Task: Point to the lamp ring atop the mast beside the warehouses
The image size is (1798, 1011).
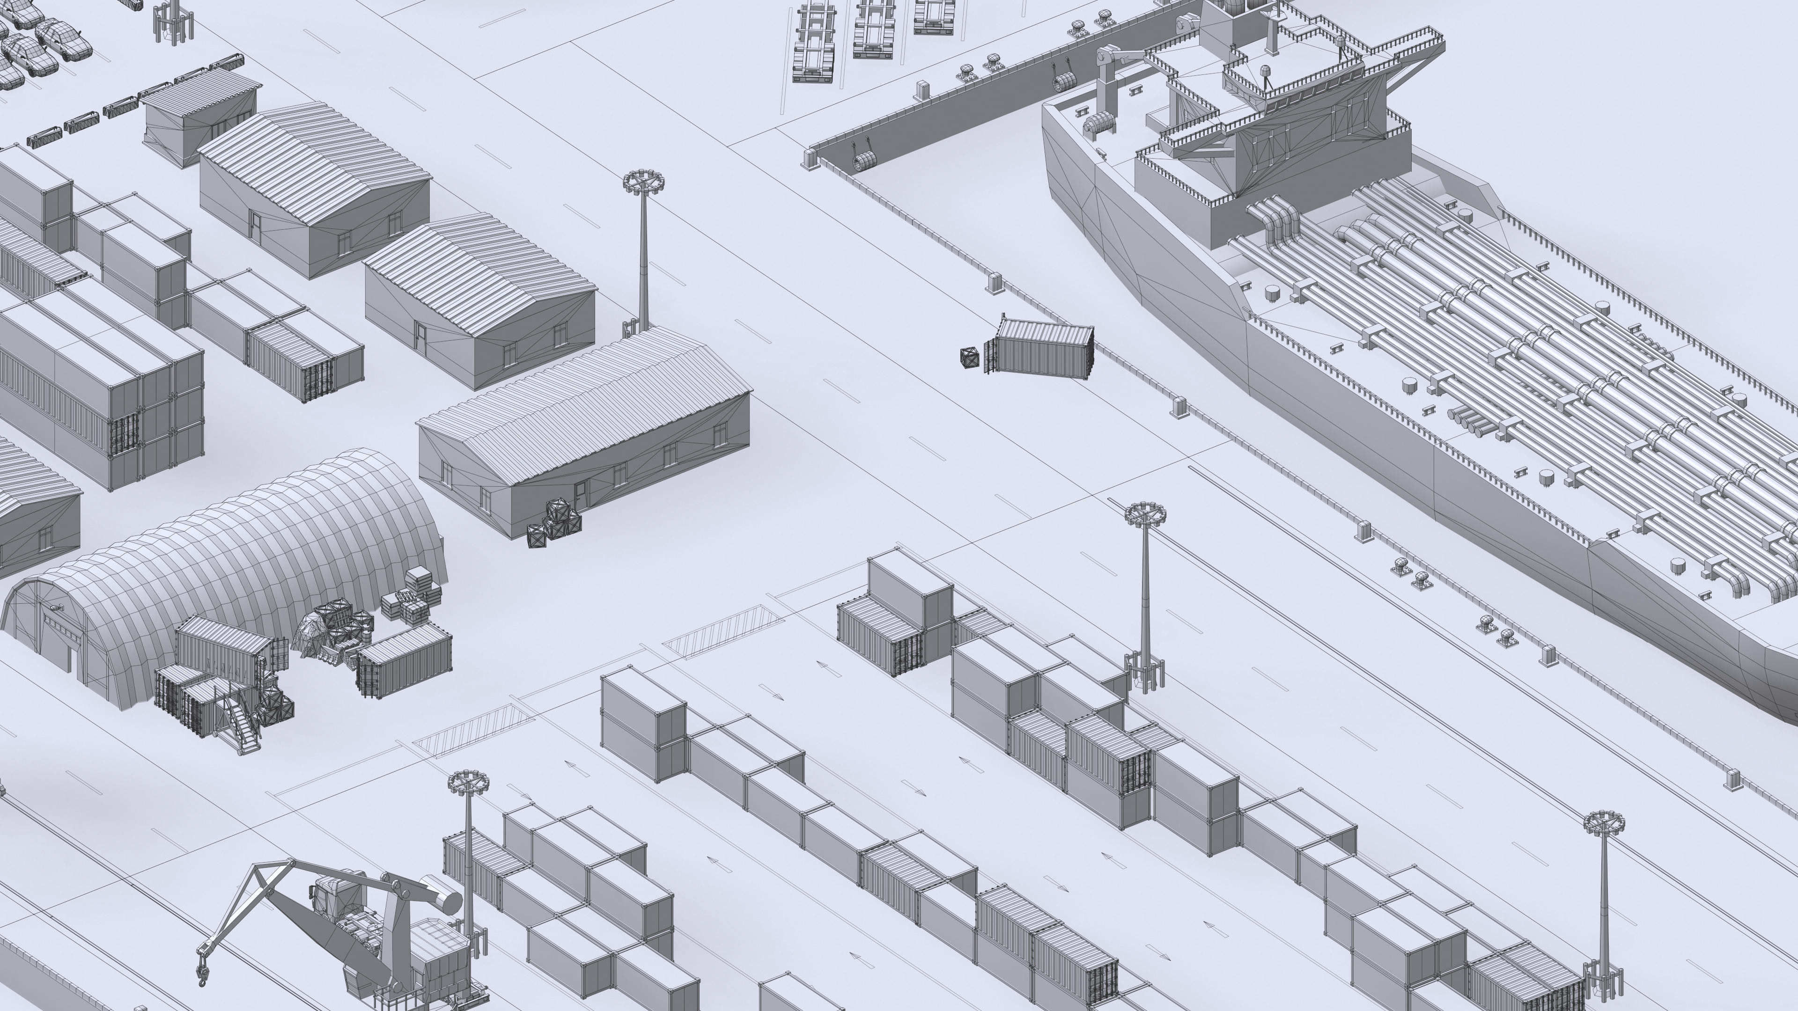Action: coord(643,182)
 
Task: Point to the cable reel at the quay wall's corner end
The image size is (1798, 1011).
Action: coord(863,162)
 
